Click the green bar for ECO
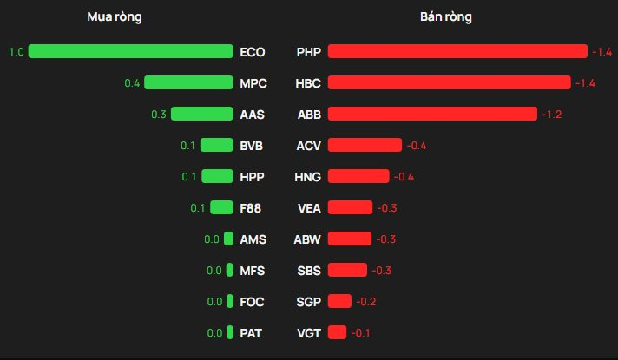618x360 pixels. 131,51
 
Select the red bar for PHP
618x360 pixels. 457,51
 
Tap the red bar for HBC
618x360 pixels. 449,82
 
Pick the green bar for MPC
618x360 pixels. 188,82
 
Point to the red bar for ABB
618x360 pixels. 432,114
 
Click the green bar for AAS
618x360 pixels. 202,114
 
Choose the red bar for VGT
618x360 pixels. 337,332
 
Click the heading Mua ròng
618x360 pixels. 115,17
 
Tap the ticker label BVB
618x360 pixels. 252,146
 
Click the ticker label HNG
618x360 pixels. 308,177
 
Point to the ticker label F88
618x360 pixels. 252,208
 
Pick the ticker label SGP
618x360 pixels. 308,302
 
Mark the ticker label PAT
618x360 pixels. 252,333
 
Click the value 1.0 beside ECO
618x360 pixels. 16,52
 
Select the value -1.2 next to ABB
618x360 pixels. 551,115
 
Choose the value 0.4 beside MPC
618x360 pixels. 132,83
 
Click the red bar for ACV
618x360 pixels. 365,145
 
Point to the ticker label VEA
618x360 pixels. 308,208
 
